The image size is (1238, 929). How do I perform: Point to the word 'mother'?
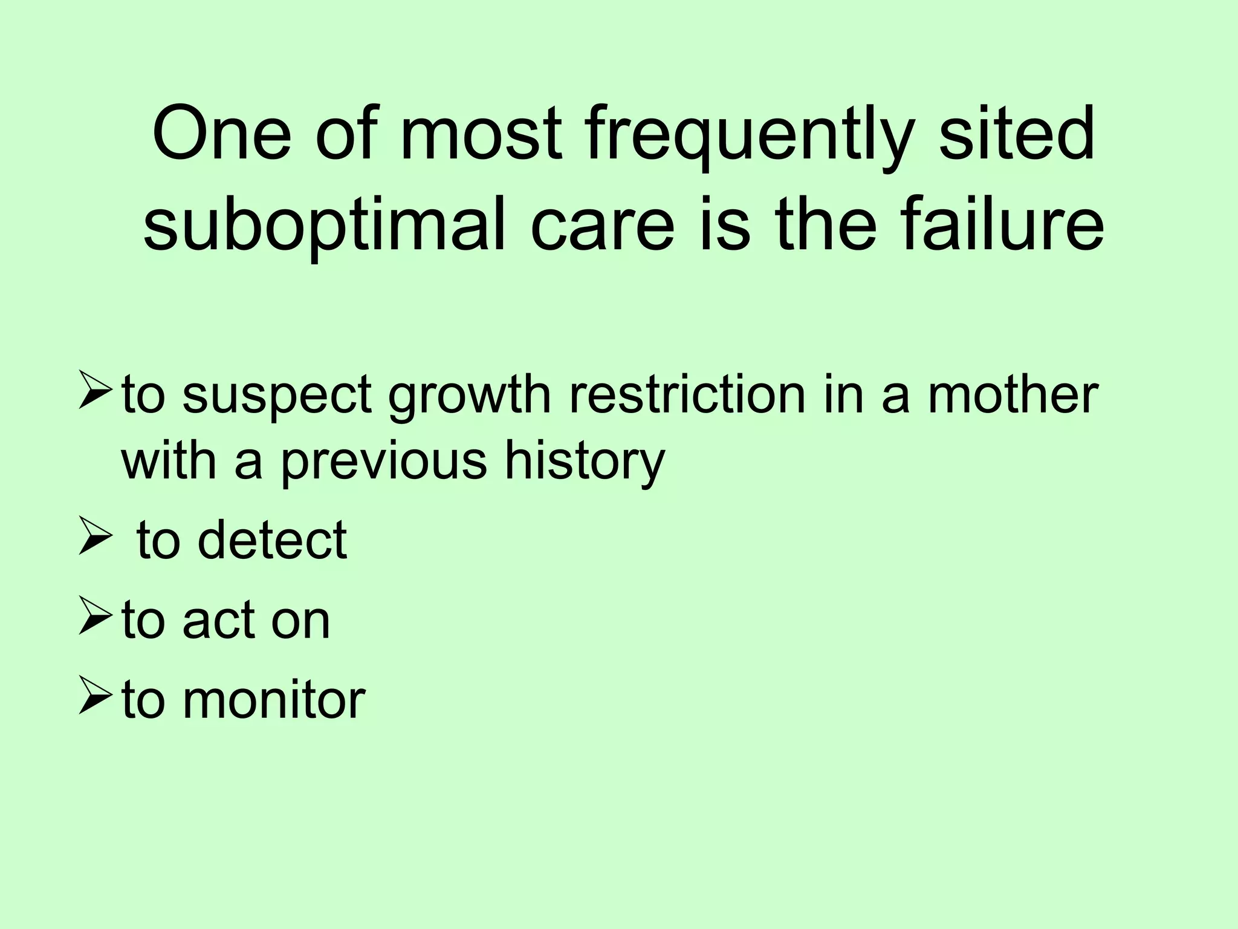(1012, 394)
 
